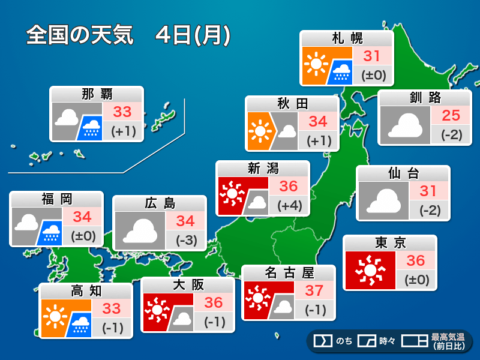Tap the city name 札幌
[x=347, y=38]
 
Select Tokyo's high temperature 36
[x=415, y=260]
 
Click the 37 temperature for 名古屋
[x=314, y=291]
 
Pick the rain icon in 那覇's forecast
[x=91, y=127]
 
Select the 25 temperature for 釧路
[x=451, y=115]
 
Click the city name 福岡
[x=56, y=199]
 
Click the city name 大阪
[x=188, y=284]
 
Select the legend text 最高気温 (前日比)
[x=448, y=341]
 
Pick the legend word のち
[x=344, y=341]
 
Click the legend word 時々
[x=386, y=341]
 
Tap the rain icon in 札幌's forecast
[x=343, y=71]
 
